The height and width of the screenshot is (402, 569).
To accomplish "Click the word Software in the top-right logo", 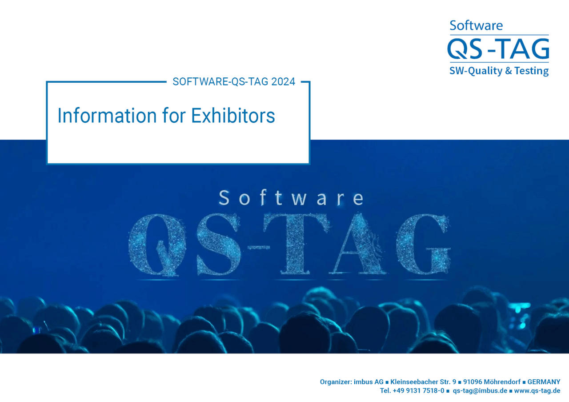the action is (476, 25).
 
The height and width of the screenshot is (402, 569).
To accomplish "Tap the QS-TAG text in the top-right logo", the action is (498, 48).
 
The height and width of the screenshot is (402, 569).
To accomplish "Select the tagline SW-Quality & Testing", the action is (499, 71).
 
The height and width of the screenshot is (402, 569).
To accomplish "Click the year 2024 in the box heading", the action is (283, 81).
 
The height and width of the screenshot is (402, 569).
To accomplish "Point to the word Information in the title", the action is (107, 116).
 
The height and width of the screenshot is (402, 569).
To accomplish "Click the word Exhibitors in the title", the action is (233, 116).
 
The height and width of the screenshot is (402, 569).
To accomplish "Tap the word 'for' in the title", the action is (174, 116).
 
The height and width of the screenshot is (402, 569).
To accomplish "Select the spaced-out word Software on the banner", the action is (291, 198).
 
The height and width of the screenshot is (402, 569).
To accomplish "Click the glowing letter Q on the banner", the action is (157, 245).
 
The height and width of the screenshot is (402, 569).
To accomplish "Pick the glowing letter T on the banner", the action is (296, 243).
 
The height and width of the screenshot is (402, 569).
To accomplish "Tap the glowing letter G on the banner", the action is (423, 244).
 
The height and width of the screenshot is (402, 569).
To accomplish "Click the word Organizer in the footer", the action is (336, 382).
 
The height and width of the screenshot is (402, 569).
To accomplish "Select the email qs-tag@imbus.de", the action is (480, 390).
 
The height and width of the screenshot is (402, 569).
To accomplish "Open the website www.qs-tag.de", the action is (537, 390).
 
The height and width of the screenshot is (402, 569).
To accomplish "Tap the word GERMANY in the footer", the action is (544, 382).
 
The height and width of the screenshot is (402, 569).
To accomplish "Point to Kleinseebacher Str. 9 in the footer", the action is (423, 382).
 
